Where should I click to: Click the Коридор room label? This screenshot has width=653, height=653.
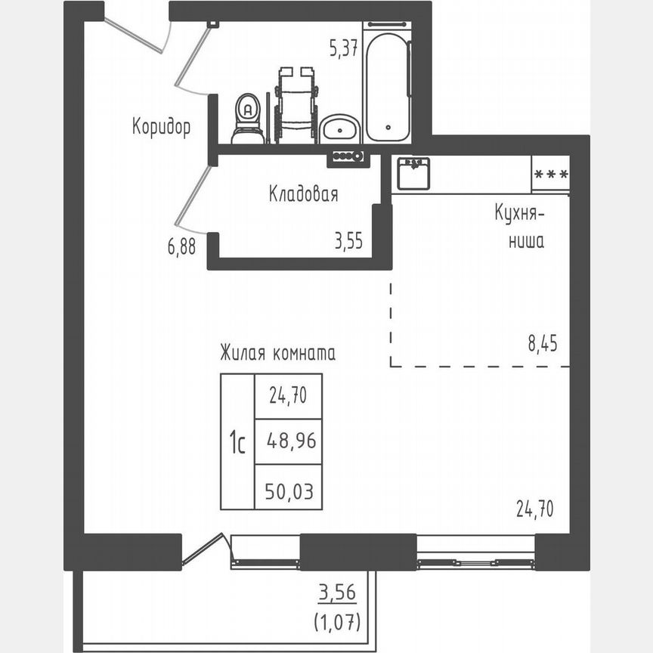(x=161, y=126)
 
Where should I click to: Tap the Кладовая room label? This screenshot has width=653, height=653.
(x=303, y=194)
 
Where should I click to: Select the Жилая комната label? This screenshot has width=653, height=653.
(x=277, y=353)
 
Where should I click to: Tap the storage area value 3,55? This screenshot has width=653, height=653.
(x=349, y=242)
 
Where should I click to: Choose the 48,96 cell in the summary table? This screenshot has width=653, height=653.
(x=289, y=440)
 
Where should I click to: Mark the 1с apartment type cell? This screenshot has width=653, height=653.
(x=237, y=441)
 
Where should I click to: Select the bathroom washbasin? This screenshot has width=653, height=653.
(x=339, y=129)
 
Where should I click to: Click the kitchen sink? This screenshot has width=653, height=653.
(x=413, y=173)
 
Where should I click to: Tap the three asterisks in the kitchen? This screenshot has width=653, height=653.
(x=551, y=174)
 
